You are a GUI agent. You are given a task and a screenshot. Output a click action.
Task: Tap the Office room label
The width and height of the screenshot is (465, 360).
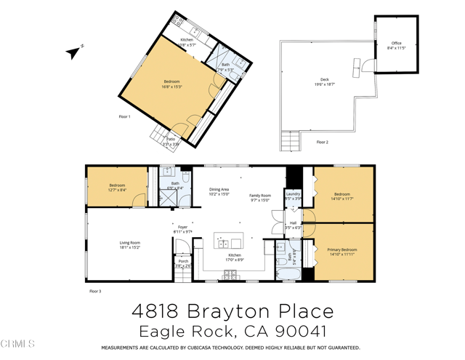(397, 44)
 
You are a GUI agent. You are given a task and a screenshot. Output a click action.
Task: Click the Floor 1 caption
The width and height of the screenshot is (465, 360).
(124, 117)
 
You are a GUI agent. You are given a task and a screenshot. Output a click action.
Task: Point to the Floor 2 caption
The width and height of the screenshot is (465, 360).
(322, 143)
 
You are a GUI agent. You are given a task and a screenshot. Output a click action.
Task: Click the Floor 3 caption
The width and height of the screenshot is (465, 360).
(95, 291)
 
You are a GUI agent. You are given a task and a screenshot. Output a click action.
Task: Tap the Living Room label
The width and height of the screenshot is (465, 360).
(130, 243)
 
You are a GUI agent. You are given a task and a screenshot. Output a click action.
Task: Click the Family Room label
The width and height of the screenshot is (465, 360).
(260, 196)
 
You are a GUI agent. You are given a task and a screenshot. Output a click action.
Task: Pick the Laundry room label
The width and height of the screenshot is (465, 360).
(293, 193)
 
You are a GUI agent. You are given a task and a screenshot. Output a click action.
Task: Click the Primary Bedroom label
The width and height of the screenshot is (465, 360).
(341, 249)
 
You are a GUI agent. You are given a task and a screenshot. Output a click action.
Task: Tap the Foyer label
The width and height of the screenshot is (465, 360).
(183, 227)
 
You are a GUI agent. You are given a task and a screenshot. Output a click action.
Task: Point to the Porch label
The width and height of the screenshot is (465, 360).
(183, 261)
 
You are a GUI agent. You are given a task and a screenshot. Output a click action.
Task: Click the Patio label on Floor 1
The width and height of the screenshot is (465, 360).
(171, 140)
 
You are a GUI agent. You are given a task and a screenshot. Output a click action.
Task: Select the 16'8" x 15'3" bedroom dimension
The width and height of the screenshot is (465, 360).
(171, 87)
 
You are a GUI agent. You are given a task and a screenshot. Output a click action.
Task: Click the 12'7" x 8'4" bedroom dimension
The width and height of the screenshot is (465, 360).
(118, 191)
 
